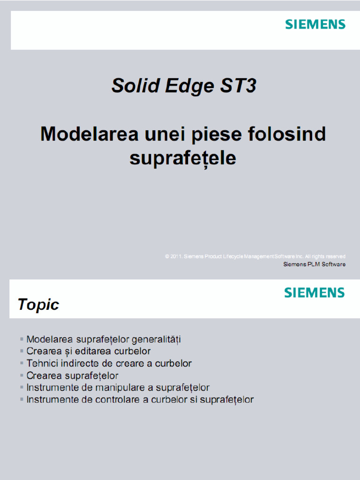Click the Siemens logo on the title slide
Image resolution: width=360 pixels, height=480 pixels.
[x=315, y=24]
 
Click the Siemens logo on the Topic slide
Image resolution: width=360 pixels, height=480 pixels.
[x=314, y=293]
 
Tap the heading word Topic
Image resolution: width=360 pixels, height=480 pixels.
[x=38, y=305]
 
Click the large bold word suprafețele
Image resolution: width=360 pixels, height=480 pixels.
[x=183, y=158]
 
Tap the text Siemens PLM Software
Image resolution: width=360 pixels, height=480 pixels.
[x=315, y=264]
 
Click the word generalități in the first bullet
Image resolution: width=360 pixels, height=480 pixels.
[x=156, y=339]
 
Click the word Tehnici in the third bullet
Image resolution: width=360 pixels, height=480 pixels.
[x=43, y=363]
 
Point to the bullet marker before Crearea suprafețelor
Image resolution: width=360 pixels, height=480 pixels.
[x=22, y=376]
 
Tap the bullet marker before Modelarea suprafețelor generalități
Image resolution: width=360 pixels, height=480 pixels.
[x=22, y=339]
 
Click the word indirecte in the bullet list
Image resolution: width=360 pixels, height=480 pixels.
[x=80, y=363]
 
